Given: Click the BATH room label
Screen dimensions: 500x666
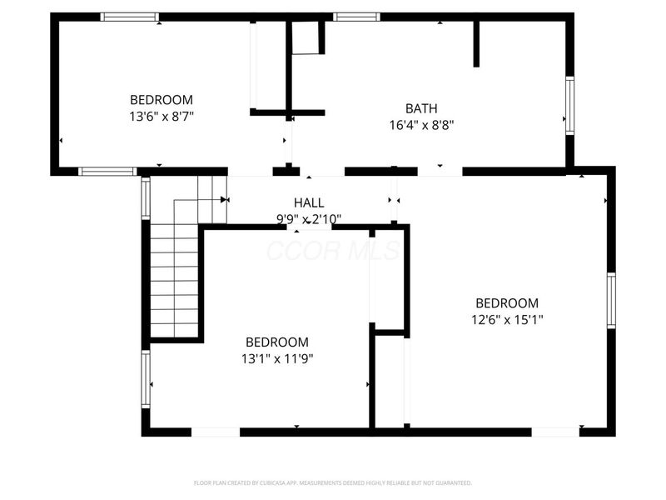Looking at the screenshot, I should click(x=421, y=108).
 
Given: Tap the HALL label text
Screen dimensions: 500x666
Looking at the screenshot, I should click(x=309, y=202).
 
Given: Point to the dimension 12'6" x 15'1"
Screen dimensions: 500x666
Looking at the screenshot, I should click(x=506, y=319).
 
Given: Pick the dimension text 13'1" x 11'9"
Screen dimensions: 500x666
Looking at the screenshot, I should click(x=276, y=358).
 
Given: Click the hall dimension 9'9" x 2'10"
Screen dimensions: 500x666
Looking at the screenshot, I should click(x=309, y=218).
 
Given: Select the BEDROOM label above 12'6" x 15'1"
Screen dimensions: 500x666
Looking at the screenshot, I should click(x=506, y=303).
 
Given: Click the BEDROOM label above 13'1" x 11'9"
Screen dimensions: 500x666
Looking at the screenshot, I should click(x=276, y=342).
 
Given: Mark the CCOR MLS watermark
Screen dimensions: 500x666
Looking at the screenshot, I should click(x=333, y=250).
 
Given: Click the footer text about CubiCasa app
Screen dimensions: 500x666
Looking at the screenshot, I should click(x=333, y=482).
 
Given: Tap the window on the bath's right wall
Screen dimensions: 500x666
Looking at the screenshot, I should click(x=569, y=105).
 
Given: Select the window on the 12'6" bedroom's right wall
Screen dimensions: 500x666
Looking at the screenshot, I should click(x=610, y=301).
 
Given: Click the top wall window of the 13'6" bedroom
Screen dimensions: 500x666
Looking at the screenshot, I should click(x=130, y=17).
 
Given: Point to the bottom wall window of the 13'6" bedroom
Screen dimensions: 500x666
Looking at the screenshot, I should click(x=107, y=172).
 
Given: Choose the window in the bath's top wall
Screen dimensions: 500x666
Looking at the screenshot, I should click(x=356, y=17).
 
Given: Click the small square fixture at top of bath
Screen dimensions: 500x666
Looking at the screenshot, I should click(x=306, y=38).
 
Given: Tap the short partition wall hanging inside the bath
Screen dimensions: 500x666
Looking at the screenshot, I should click(x=476, y=43).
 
